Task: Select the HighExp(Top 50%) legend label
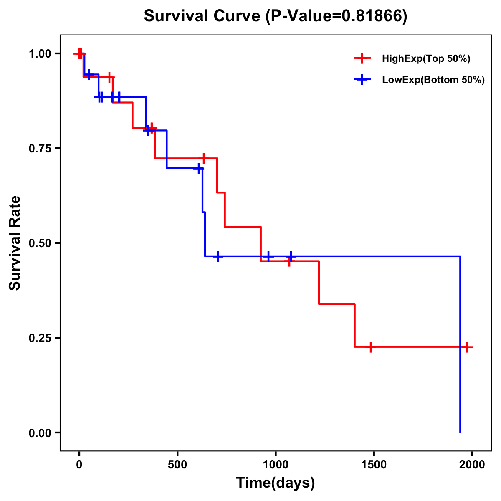coord(426,58)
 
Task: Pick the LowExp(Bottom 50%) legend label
coord(433,80)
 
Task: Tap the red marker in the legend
coord(362,58)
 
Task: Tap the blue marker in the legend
coord(362,80)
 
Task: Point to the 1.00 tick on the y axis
coord(40,53)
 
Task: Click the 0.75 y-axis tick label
coord(40,148)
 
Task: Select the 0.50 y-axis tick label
coord(40,243)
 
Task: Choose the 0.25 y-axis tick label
coord(40,338)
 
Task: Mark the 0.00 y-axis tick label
coord(40,433)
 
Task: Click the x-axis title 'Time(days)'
coord(276,483)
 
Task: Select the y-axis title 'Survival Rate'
coord(15,243)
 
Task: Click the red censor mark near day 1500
coord(370,347)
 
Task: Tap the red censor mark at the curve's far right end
coord(467,347)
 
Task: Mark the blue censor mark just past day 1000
coord(291,256)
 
